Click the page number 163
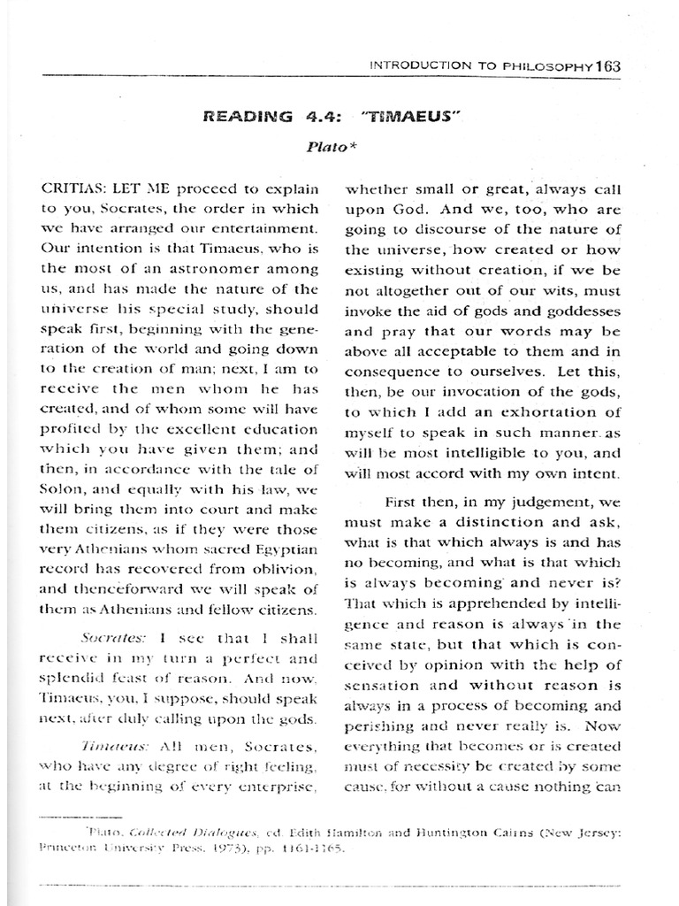(609, 65)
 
